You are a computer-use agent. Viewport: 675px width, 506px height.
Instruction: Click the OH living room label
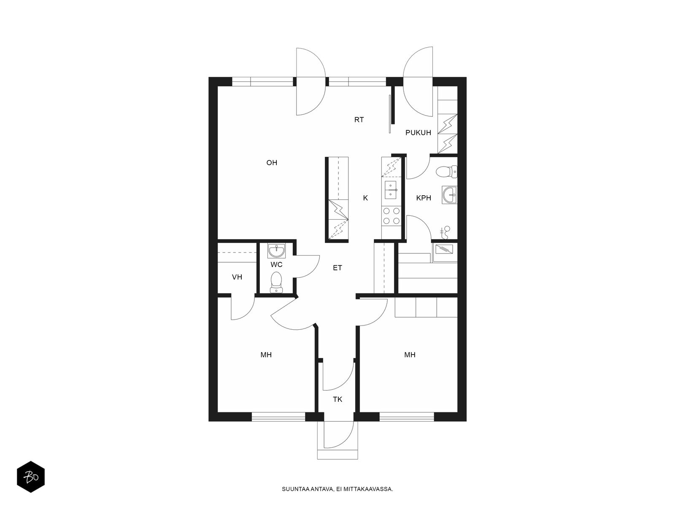pyautogui.click(x=272, y=162)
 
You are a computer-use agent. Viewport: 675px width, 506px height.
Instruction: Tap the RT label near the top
pyautogui.click(x=359, y=120)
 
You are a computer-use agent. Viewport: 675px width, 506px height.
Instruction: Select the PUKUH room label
pyautogui.click(x=418, y=133)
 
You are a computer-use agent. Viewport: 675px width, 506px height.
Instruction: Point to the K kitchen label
pyautogui.click(x=365, y=198)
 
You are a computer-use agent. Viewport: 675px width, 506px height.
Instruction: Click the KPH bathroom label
pyautogui.click(x=424, y=198)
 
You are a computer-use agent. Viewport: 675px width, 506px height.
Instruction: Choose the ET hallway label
pyautogui.click(x=337, y=268)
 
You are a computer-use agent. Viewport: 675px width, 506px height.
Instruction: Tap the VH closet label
pyautogui.click(x=237, y=277)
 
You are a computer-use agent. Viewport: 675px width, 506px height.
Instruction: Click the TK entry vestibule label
pyautogui.click(x=337, y=399)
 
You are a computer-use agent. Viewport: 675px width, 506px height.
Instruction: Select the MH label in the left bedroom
pyautogui.click(x=266, y=355)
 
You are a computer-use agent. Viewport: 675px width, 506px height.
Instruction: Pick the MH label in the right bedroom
pyautogui.click(x=410, y=355)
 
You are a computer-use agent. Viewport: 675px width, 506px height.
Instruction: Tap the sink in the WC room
pyautogui.click(x=277, y=250)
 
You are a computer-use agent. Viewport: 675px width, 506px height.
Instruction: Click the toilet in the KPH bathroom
pyautogui.click(x=446, y=172)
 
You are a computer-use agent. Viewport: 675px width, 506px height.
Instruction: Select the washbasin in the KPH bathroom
pyautogui.click(x=450, y=195)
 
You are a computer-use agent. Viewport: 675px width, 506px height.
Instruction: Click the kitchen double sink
pyautogui.click(x=391, y=190)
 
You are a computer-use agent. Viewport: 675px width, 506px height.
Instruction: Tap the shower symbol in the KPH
pyautogui.click(x=445, y=233)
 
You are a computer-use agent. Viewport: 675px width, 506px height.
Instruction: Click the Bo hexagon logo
pyautogui.click(x=31, y=477)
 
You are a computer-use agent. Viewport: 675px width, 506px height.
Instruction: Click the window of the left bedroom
pyautogui.click(x=278, y=417)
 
